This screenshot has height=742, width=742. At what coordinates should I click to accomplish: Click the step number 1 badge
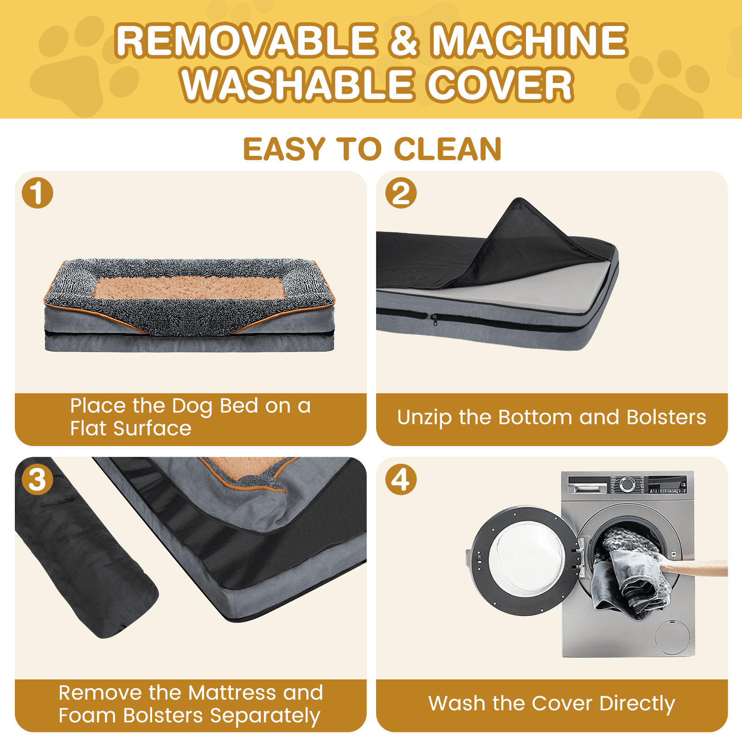[38, 192]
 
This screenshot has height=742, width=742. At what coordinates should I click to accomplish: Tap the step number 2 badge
[401, 192]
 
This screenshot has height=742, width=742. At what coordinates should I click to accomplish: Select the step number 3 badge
[38, 479]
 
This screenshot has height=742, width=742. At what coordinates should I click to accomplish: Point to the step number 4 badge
[401, 479]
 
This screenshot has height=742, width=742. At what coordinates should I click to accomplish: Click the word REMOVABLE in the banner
[246, 40]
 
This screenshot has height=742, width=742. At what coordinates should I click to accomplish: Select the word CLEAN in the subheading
[448, 149]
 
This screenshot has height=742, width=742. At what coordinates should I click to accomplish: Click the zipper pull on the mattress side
[434, 319]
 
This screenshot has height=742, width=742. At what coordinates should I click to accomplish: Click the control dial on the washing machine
[627, 484]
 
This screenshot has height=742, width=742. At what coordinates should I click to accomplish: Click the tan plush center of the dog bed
[190, 288]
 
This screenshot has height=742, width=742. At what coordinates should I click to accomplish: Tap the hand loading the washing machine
[696, 567]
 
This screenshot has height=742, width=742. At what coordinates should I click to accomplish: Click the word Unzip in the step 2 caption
[424, 417]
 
